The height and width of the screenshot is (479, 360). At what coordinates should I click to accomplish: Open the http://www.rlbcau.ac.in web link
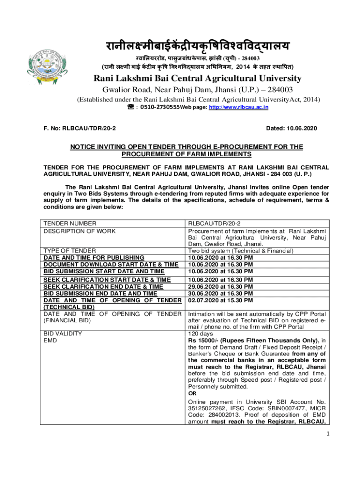pyautogui.click(x=235, y=107)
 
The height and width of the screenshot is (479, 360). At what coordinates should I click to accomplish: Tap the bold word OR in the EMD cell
pyautogui.click(x=192, y=393)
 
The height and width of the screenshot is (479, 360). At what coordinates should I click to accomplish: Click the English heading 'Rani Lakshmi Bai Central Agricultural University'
pyautogui.click(x=198, y=79)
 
